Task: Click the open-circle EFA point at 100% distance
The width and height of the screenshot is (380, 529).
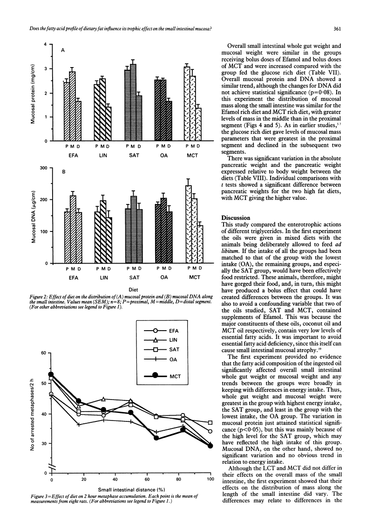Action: [211, 431]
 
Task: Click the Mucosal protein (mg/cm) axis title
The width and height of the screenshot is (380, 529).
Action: [33, 93]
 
